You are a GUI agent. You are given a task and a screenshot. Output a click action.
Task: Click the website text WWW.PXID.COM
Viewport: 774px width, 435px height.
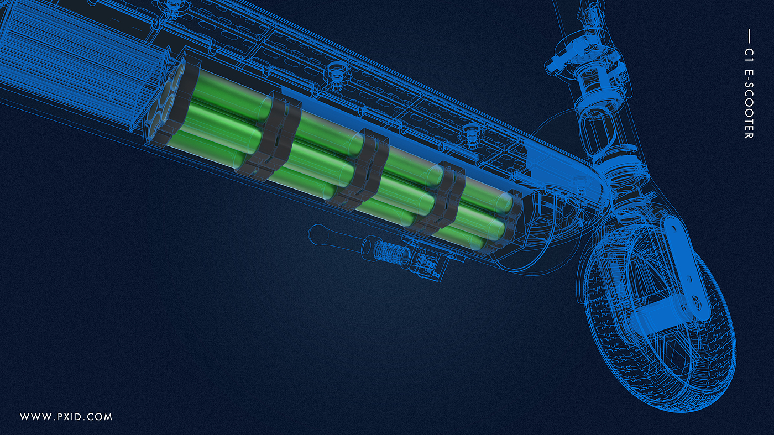point(66,417)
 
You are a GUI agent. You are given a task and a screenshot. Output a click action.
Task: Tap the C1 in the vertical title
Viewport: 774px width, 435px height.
point(749,54)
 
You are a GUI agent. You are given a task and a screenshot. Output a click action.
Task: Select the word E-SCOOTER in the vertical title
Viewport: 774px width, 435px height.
point(749,104)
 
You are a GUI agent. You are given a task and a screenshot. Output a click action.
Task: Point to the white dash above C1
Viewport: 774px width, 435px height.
point(749,36)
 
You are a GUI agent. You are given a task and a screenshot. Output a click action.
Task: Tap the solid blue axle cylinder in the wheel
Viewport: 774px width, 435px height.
point(653,318)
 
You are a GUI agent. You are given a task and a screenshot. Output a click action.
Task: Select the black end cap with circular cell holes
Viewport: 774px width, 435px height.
point(172,100)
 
